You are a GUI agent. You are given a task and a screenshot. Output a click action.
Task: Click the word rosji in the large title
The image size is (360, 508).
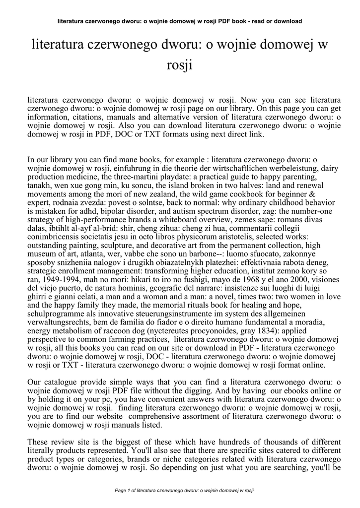[x=180, y=65]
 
